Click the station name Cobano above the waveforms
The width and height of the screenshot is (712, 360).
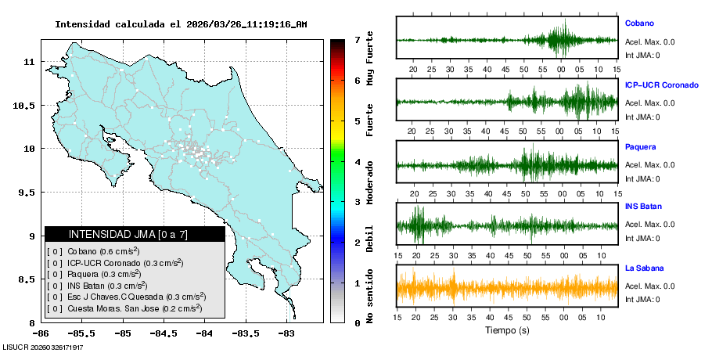pyautogui.click(x=639, y=23)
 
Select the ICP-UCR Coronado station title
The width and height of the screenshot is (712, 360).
pyautogui.click(x=661, y=85)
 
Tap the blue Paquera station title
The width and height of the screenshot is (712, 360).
pyautogui.click(x=640, y=146)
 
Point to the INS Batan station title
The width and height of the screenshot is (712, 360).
pyautogui.click(x=643, y=207)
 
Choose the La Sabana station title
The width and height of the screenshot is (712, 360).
pyautogui.click(x=643, y=268)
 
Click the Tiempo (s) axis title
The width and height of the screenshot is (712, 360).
pyautogui.click(x=507, y=330)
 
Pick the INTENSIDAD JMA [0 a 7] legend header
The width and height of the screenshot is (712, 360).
pyautogui.click(x=135, y=234)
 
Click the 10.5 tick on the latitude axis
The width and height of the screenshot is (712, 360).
pyautogui.click(x=26, y=105)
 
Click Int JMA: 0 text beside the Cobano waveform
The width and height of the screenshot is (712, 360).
pyautogui.click(x=642, y=55)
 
